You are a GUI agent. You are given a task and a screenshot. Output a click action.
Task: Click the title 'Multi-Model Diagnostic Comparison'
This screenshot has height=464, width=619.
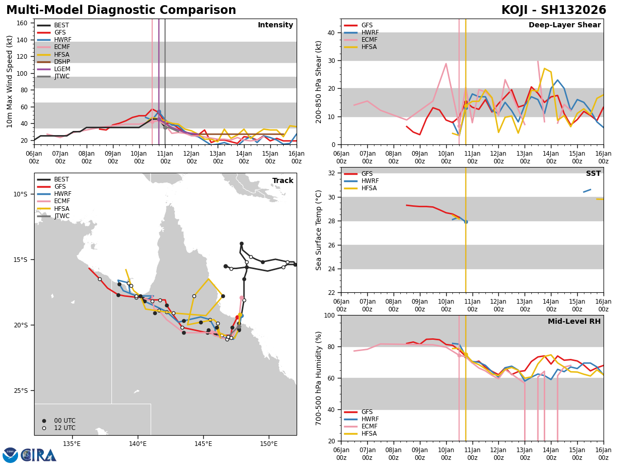click(121, 10)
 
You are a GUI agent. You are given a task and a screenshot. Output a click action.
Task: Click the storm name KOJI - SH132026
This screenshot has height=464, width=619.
click(553, 10)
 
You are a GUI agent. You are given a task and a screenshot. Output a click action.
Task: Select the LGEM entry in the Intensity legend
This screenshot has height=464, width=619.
click(62, 69)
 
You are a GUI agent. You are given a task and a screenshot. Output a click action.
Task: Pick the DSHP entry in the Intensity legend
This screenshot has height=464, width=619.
click(62, 62)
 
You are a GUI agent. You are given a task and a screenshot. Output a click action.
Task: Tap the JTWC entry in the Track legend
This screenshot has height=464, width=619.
click(62, 216)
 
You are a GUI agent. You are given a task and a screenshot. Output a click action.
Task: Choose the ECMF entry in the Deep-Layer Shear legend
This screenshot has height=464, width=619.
click(369, 40)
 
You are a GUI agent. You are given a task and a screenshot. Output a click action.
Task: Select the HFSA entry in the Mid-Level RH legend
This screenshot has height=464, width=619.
click(369, 434)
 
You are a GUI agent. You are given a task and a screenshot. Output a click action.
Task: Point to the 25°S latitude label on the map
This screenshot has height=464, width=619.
click(20, 391)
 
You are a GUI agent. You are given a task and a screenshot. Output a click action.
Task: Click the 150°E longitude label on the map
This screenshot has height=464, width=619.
click(269, 444)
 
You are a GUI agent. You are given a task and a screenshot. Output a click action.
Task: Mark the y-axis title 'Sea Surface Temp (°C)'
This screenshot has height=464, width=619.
click(319, 230)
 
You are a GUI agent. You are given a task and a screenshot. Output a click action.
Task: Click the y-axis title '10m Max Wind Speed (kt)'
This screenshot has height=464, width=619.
click(10, 81)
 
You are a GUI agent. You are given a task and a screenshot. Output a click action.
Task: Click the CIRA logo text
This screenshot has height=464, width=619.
click(38, 455)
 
